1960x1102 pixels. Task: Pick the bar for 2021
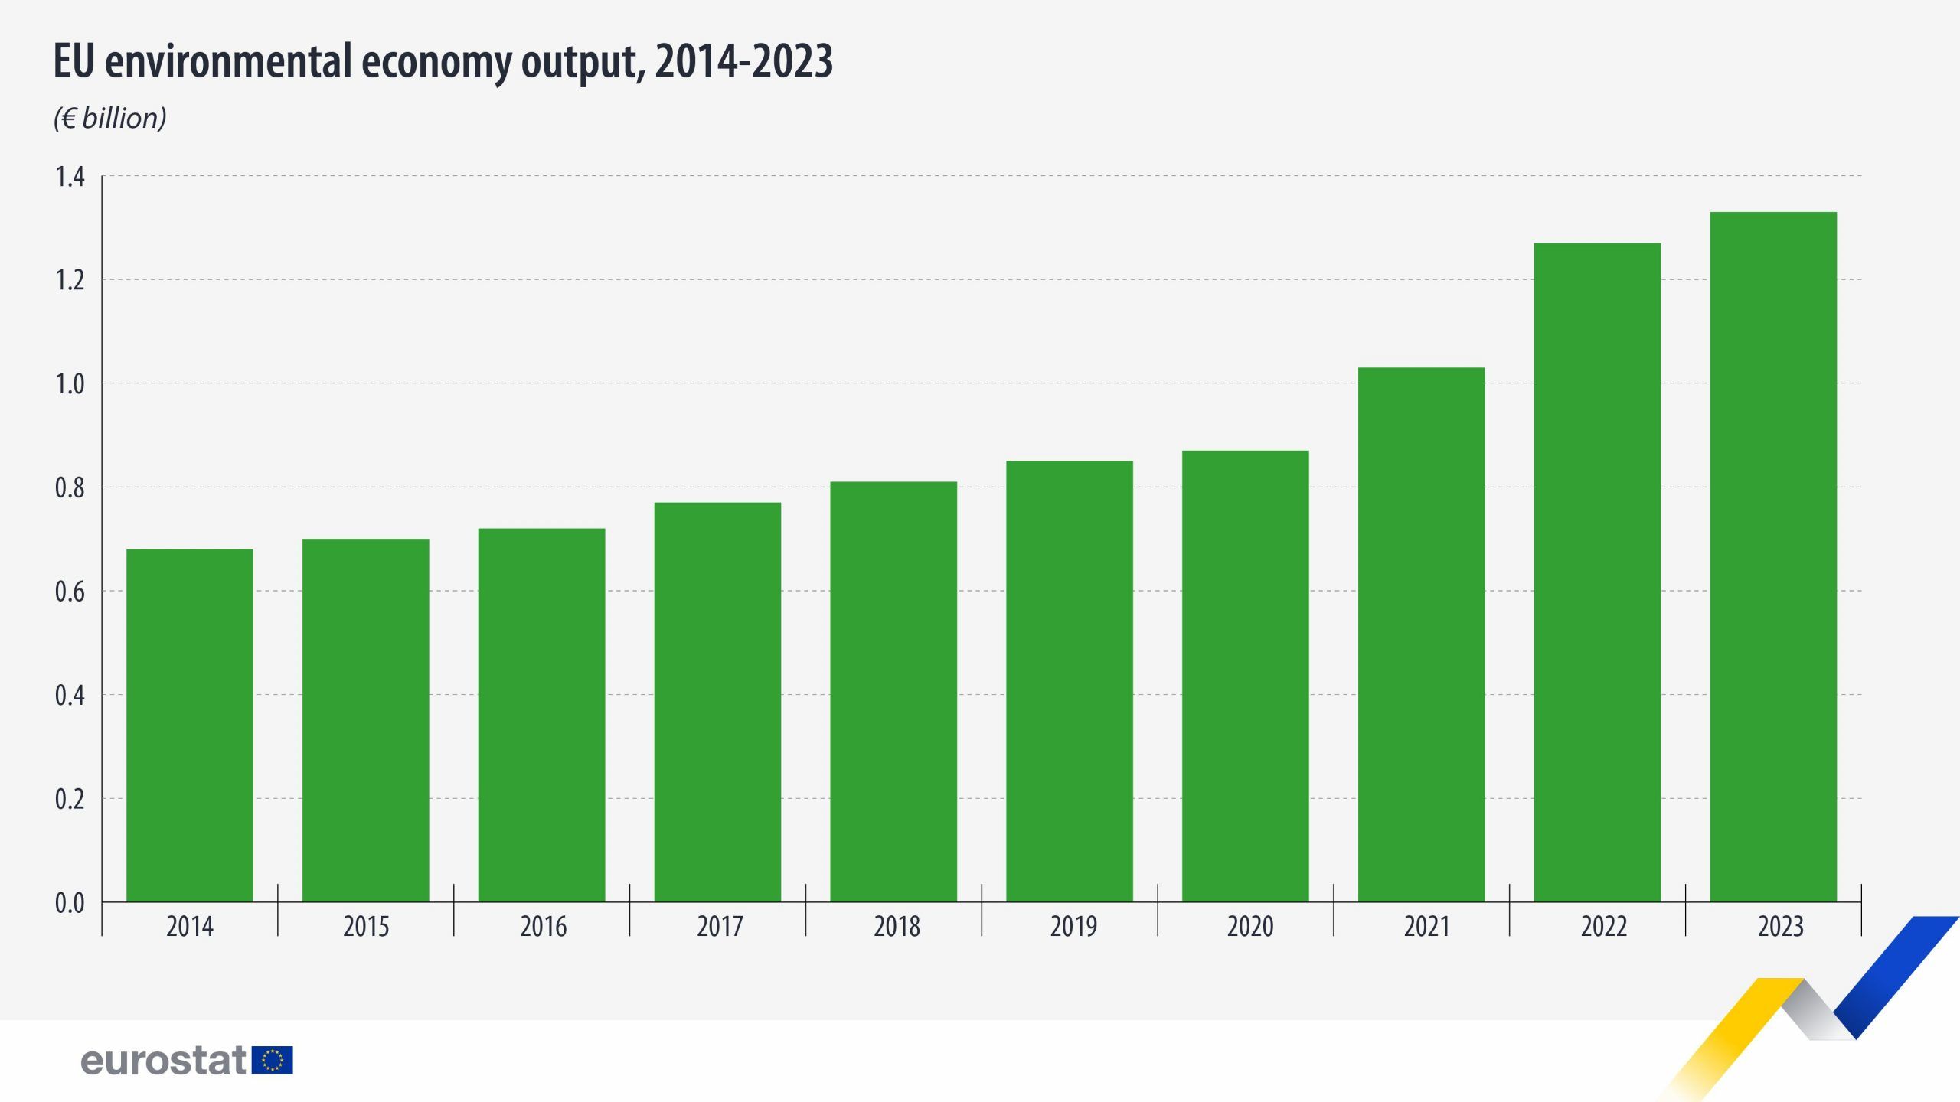click(x=1421, y=634)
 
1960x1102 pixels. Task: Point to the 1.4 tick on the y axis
click(x=70, y=178)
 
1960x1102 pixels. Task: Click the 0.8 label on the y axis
click(x=70, y=488)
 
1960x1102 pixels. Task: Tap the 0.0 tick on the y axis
click(x=70, y=903)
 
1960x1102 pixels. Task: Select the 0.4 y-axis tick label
click(x=70, y=696)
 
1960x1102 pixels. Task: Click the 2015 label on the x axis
click(x=366, y=927)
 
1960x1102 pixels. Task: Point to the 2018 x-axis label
click(x=897, y=927)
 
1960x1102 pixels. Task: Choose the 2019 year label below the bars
click(x=1073, y=927)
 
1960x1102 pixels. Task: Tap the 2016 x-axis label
click(x=543, y=927)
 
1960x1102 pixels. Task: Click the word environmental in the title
click(x=230, y=62)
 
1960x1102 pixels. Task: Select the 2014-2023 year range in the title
click(x=743, y=62)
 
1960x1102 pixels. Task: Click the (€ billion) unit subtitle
click(x=110, y=119)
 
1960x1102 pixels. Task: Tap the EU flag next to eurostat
click(x=272, y=1061)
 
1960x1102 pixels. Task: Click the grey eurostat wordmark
click(x=163, y=1061)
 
